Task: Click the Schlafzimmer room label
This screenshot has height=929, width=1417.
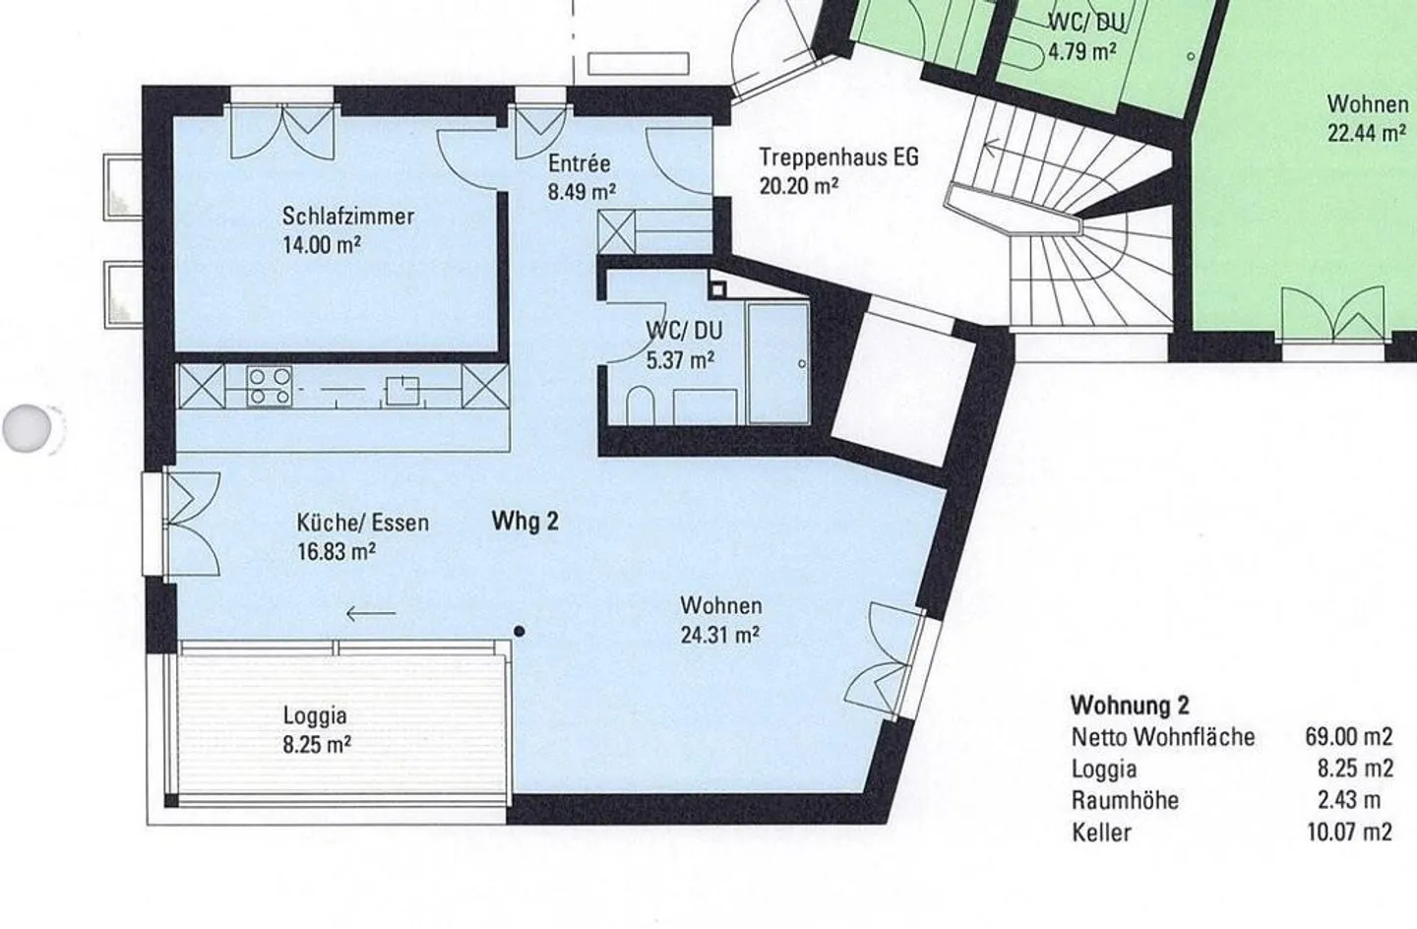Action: point(348,217)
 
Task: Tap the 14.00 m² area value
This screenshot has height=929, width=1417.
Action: point(322,245)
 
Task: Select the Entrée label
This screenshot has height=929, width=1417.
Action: point(580,163)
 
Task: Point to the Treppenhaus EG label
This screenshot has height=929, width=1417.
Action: point(838,156)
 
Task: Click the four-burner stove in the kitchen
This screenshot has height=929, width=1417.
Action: point(269,386)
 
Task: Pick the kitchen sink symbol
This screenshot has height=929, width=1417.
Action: point(402,390)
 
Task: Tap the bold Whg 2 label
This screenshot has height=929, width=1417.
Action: point(525,522)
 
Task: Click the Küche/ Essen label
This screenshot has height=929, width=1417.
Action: point(363,524)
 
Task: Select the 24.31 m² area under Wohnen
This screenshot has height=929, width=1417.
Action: point(720,634)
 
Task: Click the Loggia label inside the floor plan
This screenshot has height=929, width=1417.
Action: point(315,716)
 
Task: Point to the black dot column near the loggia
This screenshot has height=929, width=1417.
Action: point(520,631)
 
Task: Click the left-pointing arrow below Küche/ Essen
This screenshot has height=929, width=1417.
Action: point(371,613)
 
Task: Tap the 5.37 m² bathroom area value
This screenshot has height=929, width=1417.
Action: point(681,360)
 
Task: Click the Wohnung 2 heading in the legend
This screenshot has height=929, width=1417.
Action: point(1130,705)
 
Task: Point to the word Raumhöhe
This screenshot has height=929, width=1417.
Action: point(1125,800)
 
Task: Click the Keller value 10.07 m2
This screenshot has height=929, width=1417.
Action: point(1350,833)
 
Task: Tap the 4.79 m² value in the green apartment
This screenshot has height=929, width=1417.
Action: point(1082,50)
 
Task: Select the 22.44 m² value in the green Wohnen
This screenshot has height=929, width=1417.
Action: point(1368,134)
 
